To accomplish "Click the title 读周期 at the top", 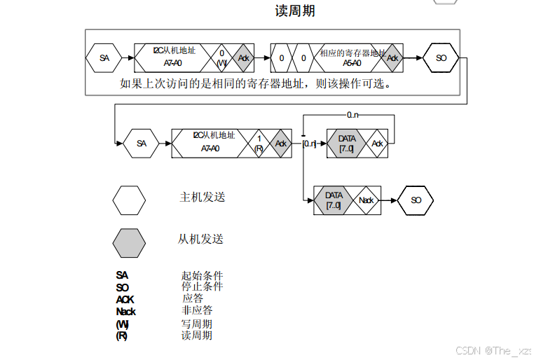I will click(x=295, y=11).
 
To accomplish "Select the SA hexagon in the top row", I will click(x=104, y=58).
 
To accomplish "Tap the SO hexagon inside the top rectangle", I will click(x=441, y=58).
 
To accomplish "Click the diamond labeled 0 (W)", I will click(x=221, y=58).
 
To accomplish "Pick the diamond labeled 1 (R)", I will click(x=259, y=144).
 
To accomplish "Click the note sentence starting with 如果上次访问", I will click(x=255, y=84).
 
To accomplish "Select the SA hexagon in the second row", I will click(x=142, y=144).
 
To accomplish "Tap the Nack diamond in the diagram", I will click(x=367, y=200).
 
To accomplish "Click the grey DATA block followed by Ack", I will click(x=347, y=144).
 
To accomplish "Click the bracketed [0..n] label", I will click(x=310, y=144).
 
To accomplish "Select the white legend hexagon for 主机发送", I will click(x=129, y=200).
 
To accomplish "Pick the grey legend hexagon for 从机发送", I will click(x=129, y=242).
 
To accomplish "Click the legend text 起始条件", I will click(x=202, y=275).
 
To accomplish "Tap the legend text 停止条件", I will click(x=202, y=286).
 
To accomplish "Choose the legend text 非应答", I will click(x=197, y=310).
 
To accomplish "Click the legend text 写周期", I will click(x=197, y=324).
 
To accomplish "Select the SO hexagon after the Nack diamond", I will click(x=416, y=200).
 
